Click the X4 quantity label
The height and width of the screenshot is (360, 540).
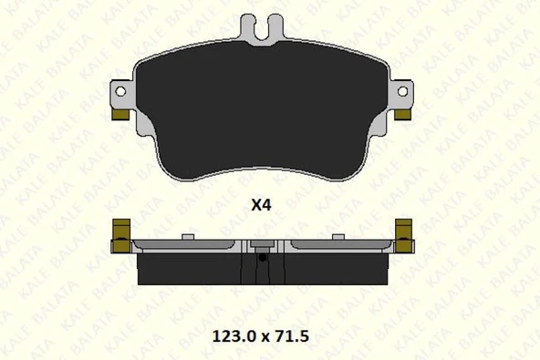click(261, 205)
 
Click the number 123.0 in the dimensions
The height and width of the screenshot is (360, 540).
click(234, 336)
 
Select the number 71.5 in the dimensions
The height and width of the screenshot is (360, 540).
click(290, 336)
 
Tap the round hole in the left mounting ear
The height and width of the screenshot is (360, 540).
click(120, 91)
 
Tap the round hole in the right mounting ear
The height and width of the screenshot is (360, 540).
click(402, 91)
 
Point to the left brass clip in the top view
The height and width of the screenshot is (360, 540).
click(120, 115)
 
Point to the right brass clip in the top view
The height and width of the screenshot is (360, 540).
click(402, 115)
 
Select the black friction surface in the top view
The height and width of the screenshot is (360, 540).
click(262, 110)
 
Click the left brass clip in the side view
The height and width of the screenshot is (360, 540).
click(121, 236)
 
